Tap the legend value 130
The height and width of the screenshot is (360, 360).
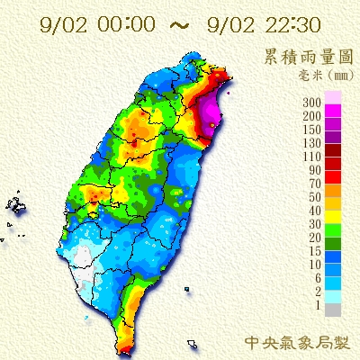pyautogui.click(x=313, y=143)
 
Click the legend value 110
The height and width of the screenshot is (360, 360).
pyautogui.click(x=313, y=157)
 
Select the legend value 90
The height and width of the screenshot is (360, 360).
pyautogui.click(x=316, y=170)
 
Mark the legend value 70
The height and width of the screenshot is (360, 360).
pyautogui.click(x=316, y=183)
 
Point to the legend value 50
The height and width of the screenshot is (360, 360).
pyautogui.click(x=316, y=196)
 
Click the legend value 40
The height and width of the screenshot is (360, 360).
pyautogui.click(x=316, y=210)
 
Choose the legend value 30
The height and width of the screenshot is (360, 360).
pyautogui.click(x=316, y=222)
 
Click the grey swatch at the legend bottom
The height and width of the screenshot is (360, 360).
pyautogui.click(x=332, y=309)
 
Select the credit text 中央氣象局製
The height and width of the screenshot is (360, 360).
pyautogui.click(x=300, y=342)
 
